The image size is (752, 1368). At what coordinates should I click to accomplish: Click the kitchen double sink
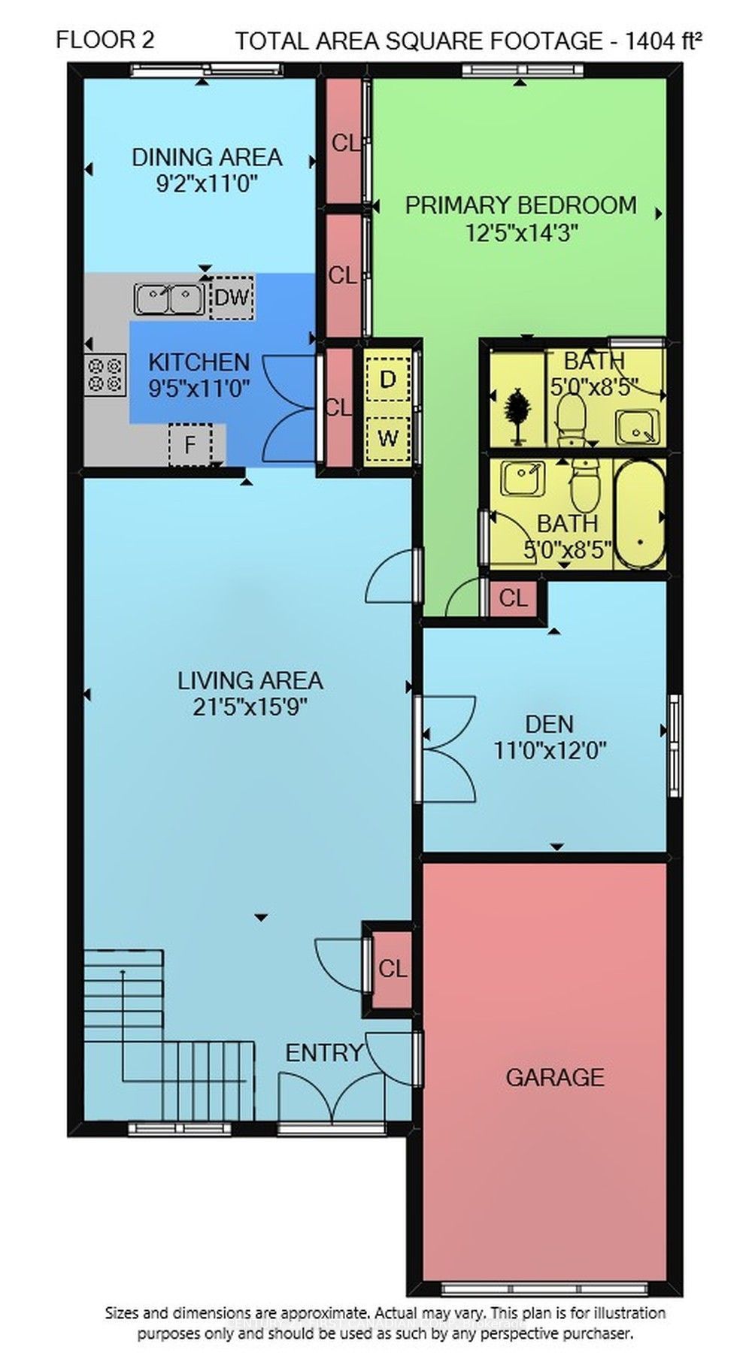tap(168, 298)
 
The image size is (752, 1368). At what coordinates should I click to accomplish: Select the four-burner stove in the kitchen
tap(105, 374)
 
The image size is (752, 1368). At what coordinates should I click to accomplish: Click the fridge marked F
tap(190, 444)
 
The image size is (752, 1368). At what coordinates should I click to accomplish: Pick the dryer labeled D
tap(388, 380)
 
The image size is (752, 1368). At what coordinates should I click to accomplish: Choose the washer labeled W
tap(388, 437)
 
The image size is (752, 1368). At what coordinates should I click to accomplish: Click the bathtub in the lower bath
tap(640, 515)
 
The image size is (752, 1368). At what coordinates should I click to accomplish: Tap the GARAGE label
tap(555, 1078)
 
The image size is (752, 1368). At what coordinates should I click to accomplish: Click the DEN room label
tap(550, 724)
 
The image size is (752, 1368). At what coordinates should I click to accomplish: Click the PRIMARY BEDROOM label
tap(520, 205)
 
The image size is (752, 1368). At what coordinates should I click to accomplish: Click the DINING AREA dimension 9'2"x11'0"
tap(207, 183)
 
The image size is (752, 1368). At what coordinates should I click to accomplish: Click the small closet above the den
tap(514, 598)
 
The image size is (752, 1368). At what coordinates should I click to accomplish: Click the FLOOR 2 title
tap(105, 40)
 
